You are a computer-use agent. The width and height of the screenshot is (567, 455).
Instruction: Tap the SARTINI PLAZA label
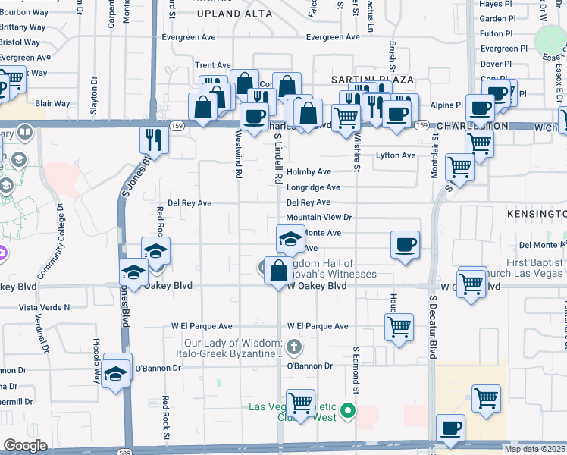click(371, 80)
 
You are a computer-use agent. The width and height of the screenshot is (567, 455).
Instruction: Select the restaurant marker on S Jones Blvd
click(152, 140)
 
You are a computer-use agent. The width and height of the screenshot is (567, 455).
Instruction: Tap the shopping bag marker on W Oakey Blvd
click(279, 270)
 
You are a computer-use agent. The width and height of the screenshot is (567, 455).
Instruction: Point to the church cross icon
click(295, 347)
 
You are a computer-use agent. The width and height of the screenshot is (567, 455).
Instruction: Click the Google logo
click(25, 446)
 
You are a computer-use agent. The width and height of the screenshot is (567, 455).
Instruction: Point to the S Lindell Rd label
click(278, 159)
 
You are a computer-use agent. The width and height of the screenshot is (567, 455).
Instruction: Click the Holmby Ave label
click(309, 172)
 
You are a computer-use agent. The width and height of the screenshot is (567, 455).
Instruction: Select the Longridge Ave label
click(313, 187)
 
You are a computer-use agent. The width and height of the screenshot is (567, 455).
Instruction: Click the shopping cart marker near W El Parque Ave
click(399, 328)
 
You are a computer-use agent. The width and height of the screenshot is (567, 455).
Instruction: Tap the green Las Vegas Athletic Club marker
click(348, 412)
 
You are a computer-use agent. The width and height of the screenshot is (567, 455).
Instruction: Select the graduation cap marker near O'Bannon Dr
click(117, 372)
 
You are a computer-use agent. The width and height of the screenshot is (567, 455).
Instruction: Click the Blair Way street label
click(52, 104)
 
